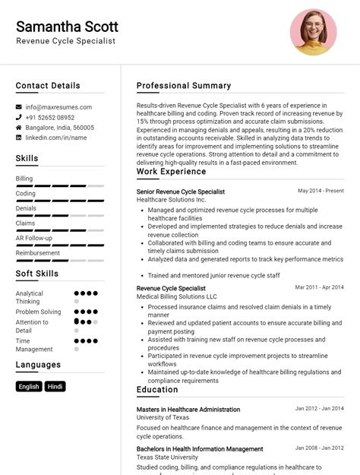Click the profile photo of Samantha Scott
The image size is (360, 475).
(x=313, y=32)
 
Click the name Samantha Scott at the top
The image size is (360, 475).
(x=67, y=27)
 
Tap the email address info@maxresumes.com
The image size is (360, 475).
(x=58, y=107)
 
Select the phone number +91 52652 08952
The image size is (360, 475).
(x=50, y=118)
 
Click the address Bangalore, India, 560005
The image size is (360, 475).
(x=60, y=128)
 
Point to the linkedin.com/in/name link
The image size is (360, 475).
(x=56, y=138)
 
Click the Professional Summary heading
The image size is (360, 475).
(x=184, y=86)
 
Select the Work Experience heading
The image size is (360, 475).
(x=171, y=172)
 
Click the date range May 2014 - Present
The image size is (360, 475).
(x=321, y=191)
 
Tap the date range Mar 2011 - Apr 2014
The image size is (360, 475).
(x=319, y=287)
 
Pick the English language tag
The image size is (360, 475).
(x=29, y=386)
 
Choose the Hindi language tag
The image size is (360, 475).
(x=55, y=386)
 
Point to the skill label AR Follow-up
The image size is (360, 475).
(x=34, y=238)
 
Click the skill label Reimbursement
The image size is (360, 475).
(x=37, y=253)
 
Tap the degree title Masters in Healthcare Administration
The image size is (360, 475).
(x=188, y=409)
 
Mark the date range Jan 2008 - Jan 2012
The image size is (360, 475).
(x=319, y=448)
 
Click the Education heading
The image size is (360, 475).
(x=157, y=390)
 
